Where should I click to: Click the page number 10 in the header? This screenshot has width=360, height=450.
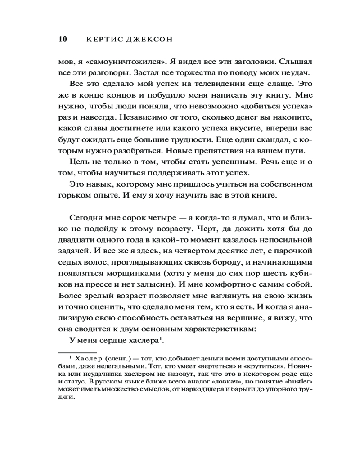pyautogui.click(x=63, y=39)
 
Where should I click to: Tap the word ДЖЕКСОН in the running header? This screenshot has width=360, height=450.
pyautogui.click(x=151, y=40)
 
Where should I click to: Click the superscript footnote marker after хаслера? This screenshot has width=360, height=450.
pyautogui.click(x=161, y=337)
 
